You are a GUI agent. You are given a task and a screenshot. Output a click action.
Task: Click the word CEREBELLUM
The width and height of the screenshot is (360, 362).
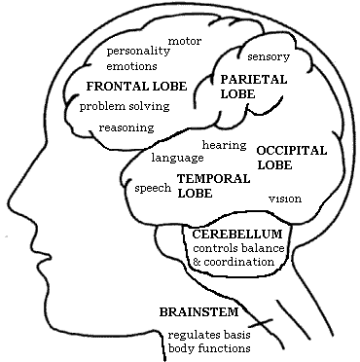237,235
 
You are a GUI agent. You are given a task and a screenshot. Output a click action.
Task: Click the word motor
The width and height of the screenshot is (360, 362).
185,41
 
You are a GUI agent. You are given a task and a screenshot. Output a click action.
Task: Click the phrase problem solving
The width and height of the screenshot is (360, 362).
124,105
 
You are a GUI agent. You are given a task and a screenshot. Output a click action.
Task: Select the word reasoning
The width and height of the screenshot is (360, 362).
126,127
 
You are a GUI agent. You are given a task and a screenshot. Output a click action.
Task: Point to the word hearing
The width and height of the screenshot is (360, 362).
223,144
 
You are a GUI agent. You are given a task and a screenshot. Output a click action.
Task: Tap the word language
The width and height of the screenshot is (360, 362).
177,156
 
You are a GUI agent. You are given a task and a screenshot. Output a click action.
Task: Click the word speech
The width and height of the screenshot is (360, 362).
153,187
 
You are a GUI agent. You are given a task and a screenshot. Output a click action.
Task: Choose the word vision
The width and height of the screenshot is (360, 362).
285,199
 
